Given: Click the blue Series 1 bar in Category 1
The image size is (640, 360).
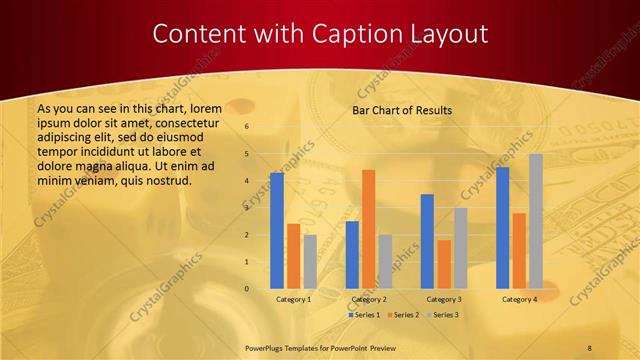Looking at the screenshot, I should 277,231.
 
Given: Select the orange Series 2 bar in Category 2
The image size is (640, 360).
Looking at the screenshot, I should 368,229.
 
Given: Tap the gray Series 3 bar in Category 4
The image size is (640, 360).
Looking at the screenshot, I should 536,221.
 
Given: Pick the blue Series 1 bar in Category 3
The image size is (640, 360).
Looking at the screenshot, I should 427,241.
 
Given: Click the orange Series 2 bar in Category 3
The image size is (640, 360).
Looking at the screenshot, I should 443,264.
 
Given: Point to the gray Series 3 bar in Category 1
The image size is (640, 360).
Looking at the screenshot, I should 310,262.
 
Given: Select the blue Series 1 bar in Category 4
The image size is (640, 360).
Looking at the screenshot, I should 502,228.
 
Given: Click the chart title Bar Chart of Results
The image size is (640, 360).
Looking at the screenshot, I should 402,110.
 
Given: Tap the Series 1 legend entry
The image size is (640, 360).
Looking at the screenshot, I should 365,315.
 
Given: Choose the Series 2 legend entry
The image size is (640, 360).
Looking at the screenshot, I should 403,315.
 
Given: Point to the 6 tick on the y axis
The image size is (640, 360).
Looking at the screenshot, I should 246,127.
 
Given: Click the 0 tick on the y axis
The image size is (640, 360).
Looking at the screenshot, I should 246,289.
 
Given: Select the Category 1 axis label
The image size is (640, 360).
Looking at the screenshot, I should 293,299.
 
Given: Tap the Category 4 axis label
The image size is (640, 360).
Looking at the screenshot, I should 519,299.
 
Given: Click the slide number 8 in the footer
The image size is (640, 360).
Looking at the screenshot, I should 590,346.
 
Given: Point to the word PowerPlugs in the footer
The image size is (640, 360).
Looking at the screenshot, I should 267,346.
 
